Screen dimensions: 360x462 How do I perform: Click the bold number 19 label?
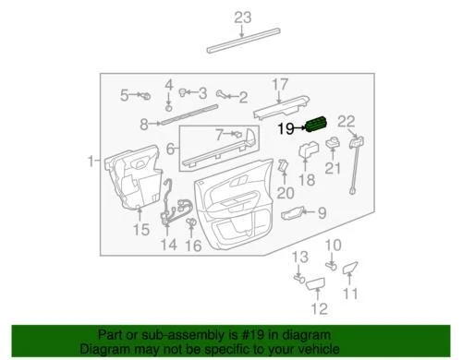(x=287, y=129)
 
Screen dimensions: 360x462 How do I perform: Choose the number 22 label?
(x=346, y=120)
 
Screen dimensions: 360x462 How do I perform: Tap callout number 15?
(x=140, y=229)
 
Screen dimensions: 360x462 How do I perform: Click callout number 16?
(x=192, y=246)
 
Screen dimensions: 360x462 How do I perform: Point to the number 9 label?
(x=322, y=214)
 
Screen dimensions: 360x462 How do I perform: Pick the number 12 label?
(x=319, y=308)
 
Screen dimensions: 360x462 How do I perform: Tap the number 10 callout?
(x=334, y=245)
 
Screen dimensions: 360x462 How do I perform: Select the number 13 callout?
(x=298, y=256)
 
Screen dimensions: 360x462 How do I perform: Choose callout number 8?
(x=143, y=124)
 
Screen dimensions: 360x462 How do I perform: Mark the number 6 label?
(x=170, y=147)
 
